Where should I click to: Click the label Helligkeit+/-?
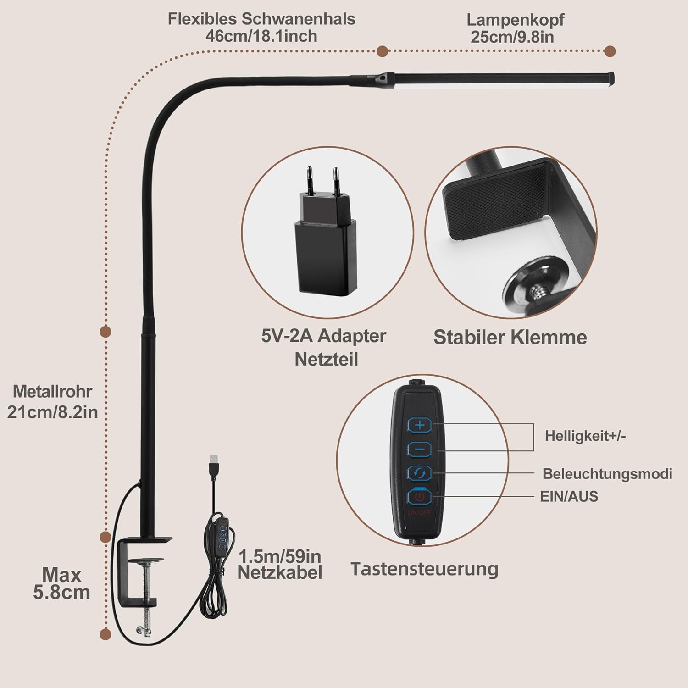pos(585,436)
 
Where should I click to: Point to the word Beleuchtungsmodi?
pos(607,473)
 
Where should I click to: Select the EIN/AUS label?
pos(569,496)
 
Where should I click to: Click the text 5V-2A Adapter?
pos(324,336)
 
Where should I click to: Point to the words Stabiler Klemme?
pos(510,337)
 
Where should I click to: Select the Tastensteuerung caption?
pos(424,569)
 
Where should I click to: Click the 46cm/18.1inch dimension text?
pos(261,36)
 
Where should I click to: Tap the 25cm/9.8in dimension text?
pos(512,37)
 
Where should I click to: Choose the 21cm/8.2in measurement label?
pos(53,412)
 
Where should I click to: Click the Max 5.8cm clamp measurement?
pos(61,583)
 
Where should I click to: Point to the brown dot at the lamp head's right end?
pos(610,51)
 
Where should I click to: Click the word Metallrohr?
pos(52,391)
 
